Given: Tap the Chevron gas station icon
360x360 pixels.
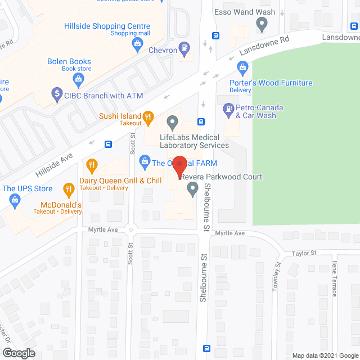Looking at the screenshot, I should pos(183,48).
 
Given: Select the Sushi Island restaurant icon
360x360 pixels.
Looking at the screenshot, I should pos(147,117).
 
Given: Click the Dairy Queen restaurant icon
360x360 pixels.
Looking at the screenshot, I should pos(92,165).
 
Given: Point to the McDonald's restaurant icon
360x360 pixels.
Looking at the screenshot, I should pos(68,189).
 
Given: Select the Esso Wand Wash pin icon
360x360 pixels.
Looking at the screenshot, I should pos(261,24).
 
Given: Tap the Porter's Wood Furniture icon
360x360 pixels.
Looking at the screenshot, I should pos(242,70).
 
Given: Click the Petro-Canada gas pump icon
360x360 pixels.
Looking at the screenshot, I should pos(228,109).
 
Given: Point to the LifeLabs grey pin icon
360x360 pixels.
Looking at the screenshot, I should pos(172,121).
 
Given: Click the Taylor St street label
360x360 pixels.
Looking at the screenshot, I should pos(305,254).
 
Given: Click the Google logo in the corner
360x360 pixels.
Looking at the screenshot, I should pos(18,353).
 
